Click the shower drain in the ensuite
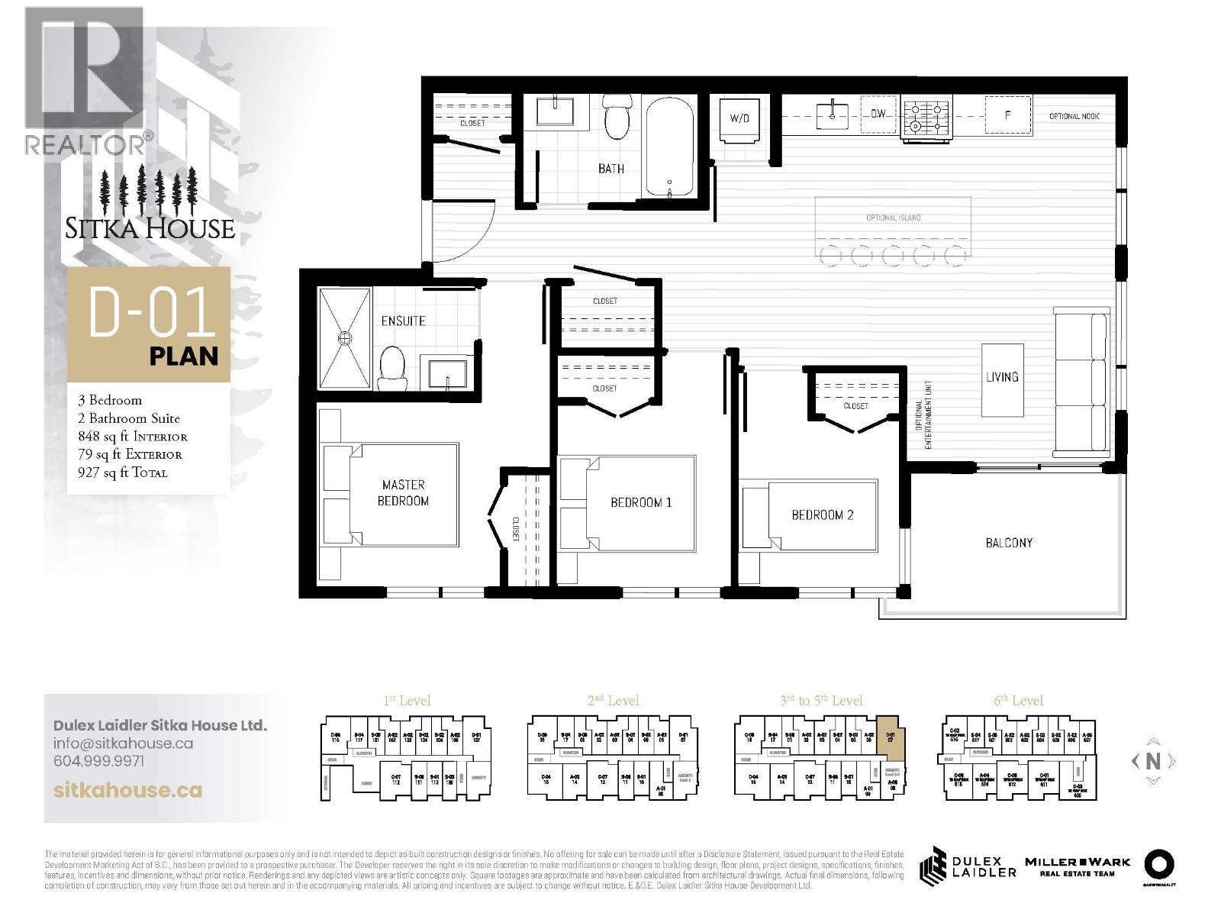345,337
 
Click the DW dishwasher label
878,114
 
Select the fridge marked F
1007,116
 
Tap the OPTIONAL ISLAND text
893,218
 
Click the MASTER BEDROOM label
403,492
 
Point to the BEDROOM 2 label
822,515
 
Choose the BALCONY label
1009,543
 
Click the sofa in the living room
1081,382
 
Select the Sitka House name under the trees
150,228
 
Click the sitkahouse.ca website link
128,789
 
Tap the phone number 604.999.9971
98,761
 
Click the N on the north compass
1153,761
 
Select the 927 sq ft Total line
123,473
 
